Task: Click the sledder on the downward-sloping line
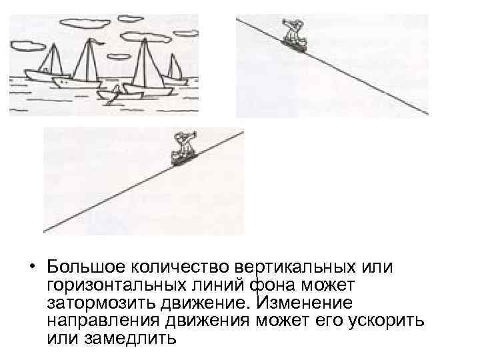292,33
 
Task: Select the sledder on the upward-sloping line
181,148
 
